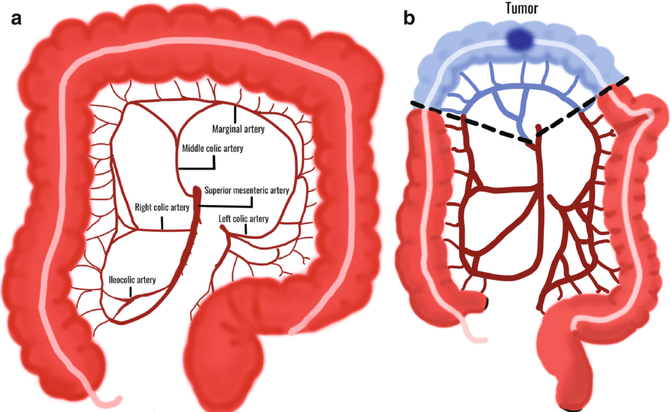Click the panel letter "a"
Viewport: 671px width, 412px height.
coord(16,18)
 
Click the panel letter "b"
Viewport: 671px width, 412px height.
coord(409,18)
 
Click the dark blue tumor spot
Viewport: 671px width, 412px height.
coord(518,39)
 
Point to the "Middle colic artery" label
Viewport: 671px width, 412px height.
coord(212,148)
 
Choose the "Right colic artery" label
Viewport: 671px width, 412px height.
coord(162,207)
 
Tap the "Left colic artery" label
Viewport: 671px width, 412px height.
coord(243,219)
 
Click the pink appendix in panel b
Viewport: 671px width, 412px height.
coord(472,334)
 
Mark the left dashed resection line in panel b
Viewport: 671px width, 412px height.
coord(468,122)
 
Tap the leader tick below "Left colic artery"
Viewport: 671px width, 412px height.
coord(245,229)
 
